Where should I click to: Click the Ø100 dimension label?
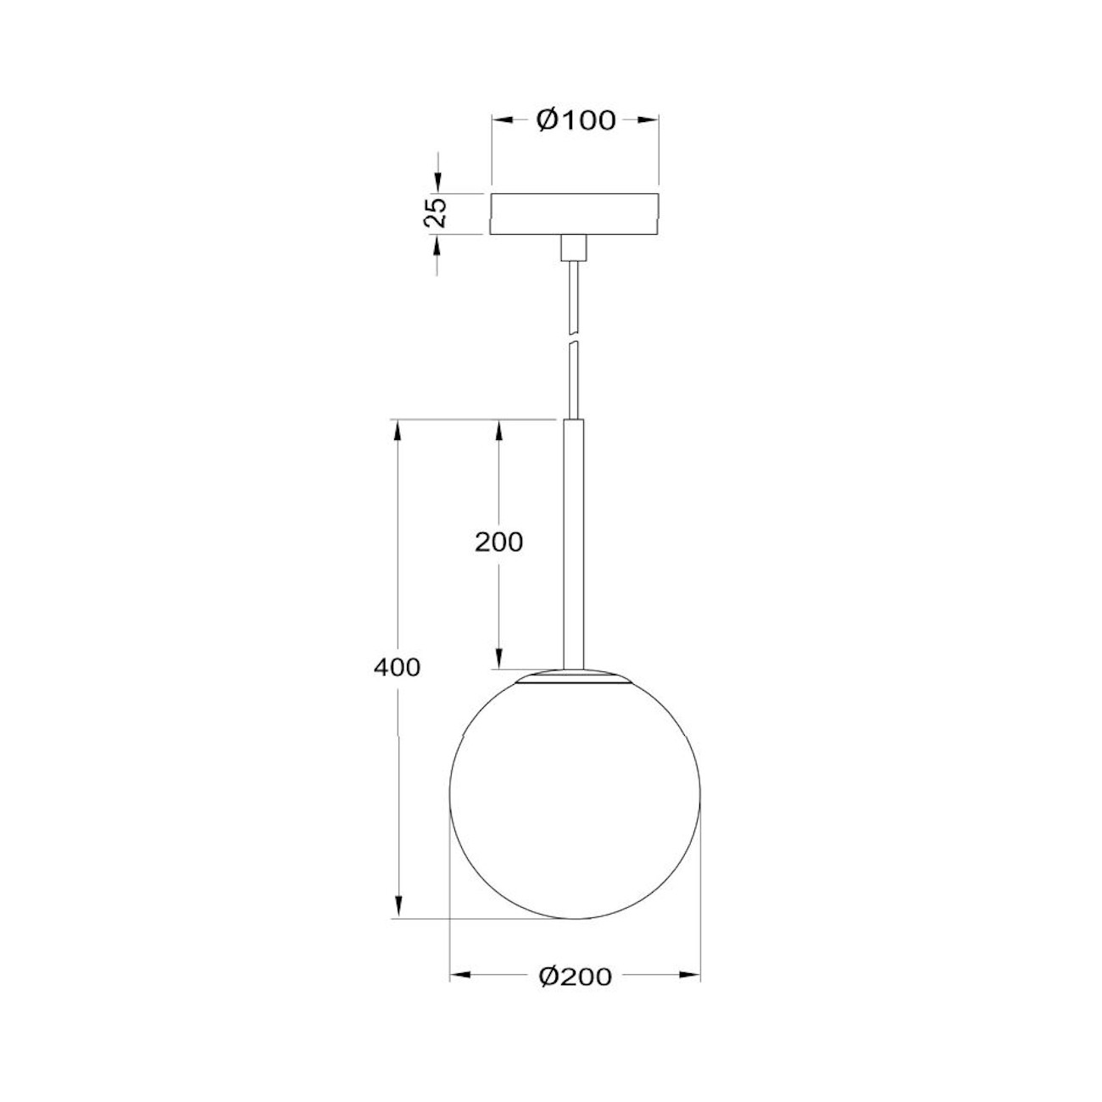pyautogui.click(x=576, y=120)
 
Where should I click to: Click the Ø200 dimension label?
pyautogui.click(x=575, y=977)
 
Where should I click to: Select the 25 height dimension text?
pyautogui.click(x=436, y=214)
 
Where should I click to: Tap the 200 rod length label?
pyautogui.click(x=498, y=542)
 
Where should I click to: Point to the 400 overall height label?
pyautogui.click(x=396, y=668)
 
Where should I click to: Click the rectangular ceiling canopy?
pyautogui.click(x=575, y=214)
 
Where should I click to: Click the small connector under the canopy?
pyautogui.click(x=575, y=248)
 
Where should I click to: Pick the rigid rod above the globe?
pyautogui.click(x=575, y=543)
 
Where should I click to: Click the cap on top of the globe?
pyautogui.click(x=575, y=677)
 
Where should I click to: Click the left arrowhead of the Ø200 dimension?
pyautogui.click(x=459, y=976)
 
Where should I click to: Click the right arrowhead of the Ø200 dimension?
pyautogui.click(x=691, y=976)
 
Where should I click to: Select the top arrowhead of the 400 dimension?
pyautogui.click(x=396, y=431)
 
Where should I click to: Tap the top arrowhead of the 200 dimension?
pyautogui.click(x=499, y=431)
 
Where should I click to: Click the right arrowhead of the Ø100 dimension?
pyautogui.click(x=648, y=120)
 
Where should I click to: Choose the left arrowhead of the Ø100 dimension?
pyautogui.click(x=503, y=120)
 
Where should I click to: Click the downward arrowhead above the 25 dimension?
pyautogui.click(x=437, y=181)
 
